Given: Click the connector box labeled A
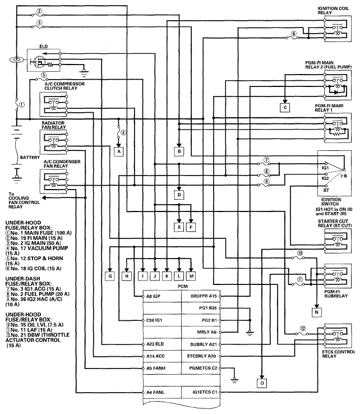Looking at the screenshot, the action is [x=119, y=151].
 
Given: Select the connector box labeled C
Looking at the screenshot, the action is [x=285, y=108].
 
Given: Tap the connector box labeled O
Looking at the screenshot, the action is [x=262, y=383].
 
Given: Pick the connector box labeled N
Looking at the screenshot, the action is [x=316, y=312].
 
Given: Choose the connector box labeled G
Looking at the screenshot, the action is [x=110, y=276].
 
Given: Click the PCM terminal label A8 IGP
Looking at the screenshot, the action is [x=153, y=296].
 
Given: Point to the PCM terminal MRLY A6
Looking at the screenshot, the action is [x=207, y=332].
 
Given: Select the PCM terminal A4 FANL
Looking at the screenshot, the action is [x=155, y=392].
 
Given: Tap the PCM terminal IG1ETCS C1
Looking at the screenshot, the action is [x=205, y=392].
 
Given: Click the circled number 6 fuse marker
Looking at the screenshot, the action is [x=294, y=34].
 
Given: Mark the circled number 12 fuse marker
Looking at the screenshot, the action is [x=303, y=329].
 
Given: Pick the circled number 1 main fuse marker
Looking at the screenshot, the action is [x=22, y=105].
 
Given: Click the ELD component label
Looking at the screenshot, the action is [x=44, y=47].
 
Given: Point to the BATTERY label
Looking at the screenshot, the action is [x=30, y=158].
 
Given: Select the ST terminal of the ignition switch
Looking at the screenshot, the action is [x=326, y=190].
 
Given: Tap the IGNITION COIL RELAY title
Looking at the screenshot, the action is [x=333, y=10].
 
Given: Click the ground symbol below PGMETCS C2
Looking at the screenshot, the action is [x=234, y=380].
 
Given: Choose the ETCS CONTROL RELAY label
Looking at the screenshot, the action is [x=338, y=354].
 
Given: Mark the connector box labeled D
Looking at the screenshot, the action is [x=179, y=195].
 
